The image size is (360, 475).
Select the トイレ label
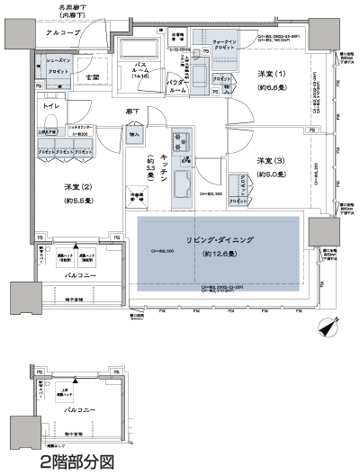[50, 105]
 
